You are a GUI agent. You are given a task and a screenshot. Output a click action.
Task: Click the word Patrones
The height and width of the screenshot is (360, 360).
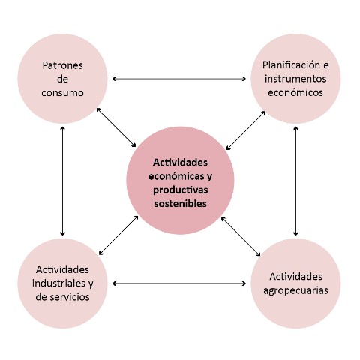(62, 65)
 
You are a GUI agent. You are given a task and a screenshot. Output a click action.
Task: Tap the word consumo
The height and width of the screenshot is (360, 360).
(62, 93)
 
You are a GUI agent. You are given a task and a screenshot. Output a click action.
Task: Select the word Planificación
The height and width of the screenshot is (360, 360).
(292, 65)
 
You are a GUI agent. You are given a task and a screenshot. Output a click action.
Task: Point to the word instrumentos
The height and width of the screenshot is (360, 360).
(295, 79)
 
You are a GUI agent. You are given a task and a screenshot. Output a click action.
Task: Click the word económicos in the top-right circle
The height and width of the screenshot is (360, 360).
(295, 92)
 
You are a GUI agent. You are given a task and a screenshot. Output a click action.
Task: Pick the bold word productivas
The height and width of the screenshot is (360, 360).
(181, 190)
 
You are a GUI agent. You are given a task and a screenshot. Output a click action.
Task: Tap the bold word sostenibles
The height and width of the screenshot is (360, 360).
(180, 203)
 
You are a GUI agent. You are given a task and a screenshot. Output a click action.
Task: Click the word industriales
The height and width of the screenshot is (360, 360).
(59, 283)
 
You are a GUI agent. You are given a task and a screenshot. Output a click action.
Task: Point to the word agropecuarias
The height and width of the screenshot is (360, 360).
(295, 291)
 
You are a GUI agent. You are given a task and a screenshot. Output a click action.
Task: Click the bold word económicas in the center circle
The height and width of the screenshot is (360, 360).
(177, 176)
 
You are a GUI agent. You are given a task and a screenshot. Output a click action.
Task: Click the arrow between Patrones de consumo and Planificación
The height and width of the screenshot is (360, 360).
(179, 79)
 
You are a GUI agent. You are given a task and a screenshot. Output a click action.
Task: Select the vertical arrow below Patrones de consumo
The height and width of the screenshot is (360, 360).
(62, 181)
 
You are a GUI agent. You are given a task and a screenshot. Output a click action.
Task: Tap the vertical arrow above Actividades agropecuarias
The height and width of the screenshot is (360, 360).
(295, 181)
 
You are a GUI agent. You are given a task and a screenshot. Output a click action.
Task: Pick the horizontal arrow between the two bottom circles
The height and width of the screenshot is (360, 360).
(179, 283)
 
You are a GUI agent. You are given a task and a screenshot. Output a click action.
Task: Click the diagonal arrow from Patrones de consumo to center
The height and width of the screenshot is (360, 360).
(116, 127)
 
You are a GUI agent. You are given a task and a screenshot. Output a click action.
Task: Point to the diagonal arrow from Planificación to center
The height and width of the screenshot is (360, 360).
(246, 130)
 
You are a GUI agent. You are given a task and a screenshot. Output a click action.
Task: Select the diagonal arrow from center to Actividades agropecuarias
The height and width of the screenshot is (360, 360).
(241, 236)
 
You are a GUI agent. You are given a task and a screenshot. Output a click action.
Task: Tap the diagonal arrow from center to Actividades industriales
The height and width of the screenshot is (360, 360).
(118, 235)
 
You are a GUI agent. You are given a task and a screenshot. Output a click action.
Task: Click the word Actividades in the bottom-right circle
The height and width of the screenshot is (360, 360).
(295, 277)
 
